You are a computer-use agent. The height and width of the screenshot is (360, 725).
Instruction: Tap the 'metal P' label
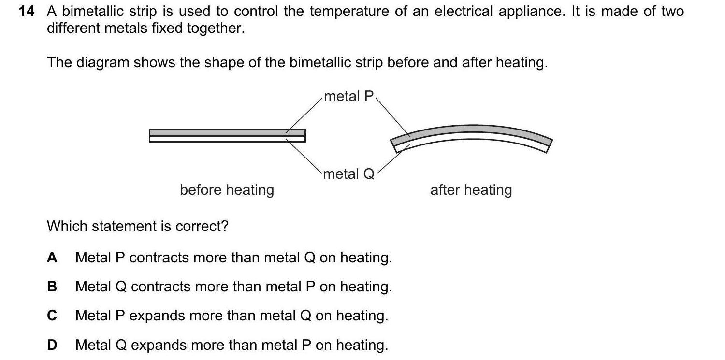pos(349,96)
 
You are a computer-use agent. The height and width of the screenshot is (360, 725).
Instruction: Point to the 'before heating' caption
pos(227,190)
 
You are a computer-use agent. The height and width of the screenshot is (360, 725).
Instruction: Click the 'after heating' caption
pos(471,190)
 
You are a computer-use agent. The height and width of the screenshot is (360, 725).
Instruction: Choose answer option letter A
pos(52,258)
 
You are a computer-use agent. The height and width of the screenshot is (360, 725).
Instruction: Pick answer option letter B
pos(52,287)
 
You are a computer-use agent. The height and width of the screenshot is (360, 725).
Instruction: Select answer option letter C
pos(52,316)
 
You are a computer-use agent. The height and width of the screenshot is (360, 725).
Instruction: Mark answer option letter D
pos(52,345)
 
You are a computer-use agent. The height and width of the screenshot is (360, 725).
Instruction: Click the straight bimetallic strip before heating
pos(227,136)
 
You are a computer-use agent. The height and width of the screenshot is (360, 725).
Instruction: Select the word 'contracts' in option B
pos(160,287)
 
